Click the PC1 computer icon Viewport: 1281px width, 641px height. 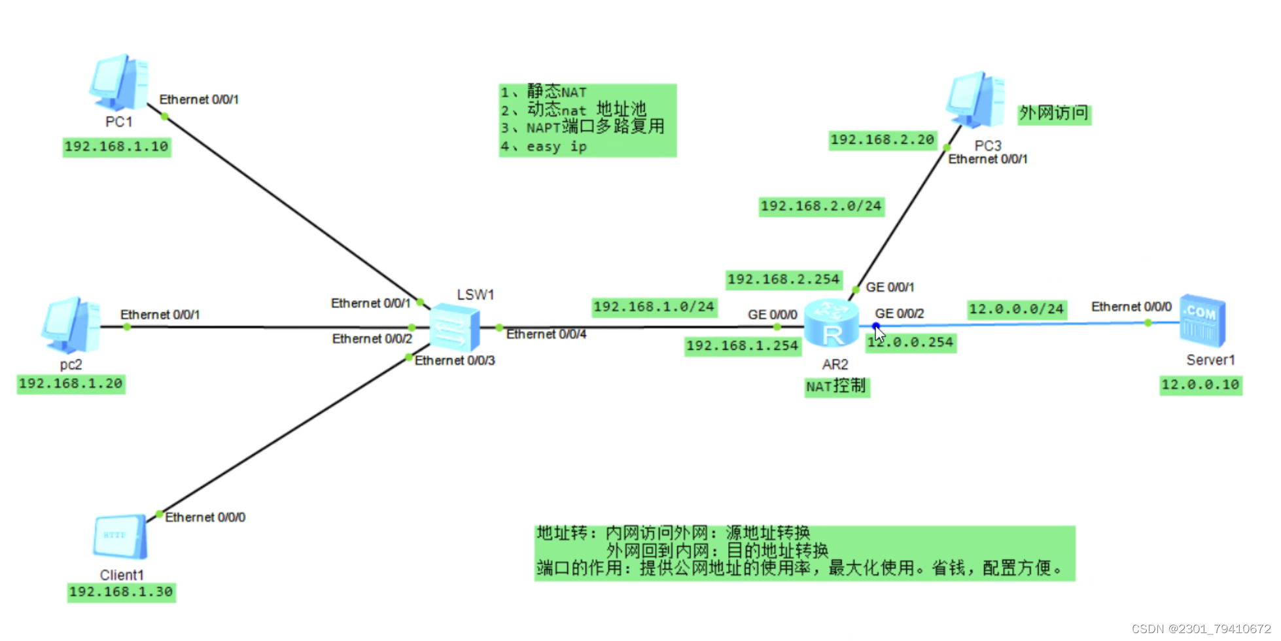pos(119,83)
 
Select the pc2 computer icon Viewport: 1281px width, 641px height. pos(71,325)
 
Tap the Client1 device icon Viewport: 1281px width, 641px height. pos(120,537)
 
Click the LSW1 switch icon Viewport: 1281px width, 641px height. pos(455,327)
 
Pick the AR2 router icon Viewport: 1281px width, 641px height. pos(832,324)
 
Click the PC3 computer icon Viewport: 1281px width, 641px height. pos(975,100)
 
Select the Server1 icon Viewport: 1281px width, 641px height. pos(1202,321)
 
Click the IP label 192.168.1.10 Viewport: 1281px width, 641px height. pos(116,147)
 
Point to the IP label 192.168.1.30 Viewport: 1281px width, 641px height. pos(121,592)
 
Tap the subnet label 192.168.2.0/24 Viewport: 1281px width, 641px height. pos(821,206)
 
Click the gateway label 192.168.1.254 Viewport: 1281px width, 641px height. pos(743,345)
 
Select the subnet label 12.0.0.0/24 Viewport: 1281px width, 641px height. pos(1016,309)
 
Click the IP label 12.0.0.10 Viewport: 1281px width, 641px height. pos(1201,385)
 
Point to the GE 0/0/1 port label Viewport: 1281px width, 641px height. pos(890,287)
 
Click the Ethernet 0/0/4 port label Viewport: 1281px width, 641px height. pos(546,334)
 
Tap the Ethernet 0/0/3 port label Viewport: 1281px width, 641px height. pos(455,360)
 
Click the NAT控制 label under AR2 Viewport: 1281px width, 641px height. pos(836,387)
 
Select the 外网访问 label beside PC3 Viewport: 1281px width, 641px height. pos(1054,114)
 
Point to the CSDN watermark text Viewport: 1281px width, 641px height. pos(1201,629)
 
